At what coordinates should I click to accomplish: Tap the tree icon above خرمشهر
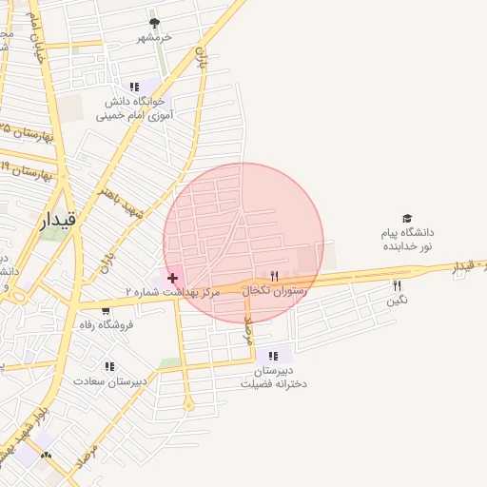point(155,23)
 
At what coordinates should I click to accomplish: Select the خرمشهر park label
point(153,37)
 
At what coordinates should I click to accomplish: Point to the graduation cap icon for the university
point(407,219)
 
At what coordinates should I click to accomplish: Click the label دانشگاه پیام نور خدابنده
point(407,239)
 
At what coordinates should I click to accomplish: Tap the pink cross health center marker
point(172,278)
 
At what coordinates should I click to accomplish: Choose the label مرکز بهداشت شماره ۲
point(172,292)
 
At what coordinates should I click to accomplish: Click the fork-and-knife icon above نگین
point(398,285)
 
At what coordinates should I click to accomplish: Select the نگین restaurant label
point(397,301)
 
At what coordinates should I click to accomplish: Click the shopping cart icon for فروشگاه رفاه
point(106,310)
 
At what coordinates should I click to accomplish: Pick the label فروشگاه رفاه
point(106,324)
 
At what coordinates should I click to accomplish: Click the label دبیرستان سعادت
point(111,381)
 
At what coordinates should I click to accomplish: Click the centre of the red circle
point(243,243)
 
